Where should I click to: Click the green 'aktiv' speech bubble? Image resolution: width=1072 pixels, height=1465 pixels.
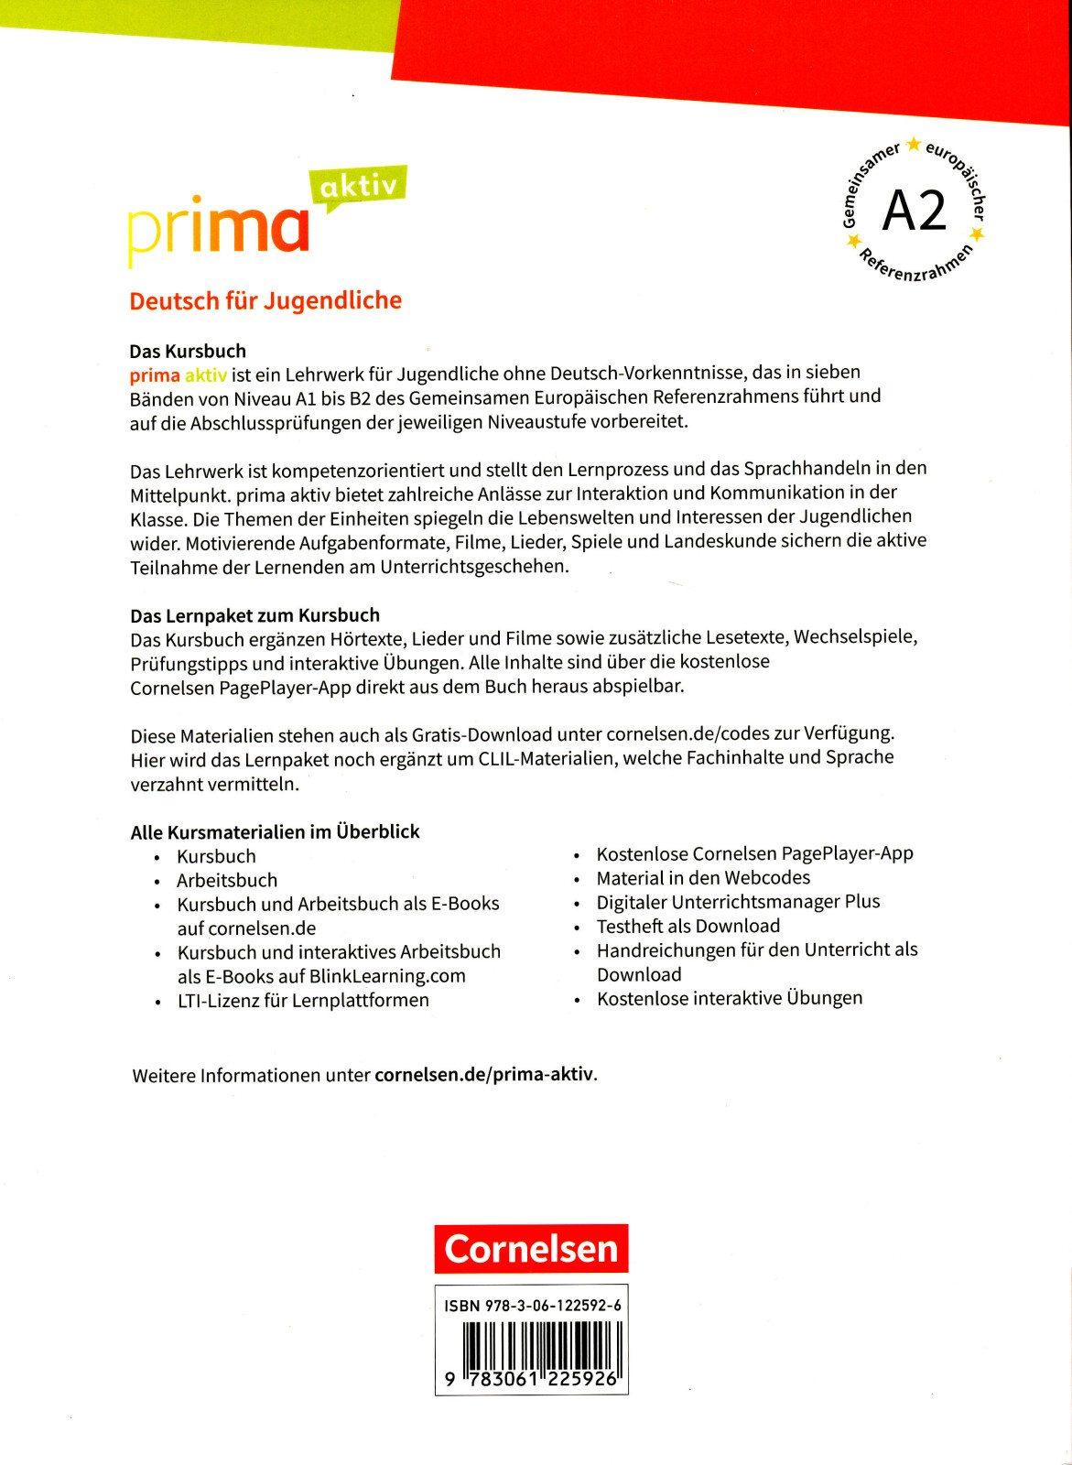pyautogui.click(x=360, y=187)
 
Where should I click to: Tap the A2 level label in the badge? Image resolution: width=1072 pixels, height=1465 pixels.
pyautogui.click(x=914, y=212)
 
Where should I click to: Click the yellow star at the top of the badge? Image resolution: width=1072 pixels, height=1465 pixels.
pyautogui.click(x=913, y=145)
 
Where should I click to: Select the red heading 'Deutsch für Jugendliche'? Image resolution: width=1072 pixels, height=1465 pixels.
pyautogui.click(x=265, y=301)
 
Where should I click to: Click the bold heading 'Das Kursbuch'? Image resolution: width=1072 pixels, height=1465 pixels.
pyautogui.click(x=188, y=351)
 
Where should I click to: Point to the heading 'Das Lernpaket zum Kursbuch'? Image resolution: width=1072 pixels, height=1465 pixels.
pyautogui.click(x=254, y=615)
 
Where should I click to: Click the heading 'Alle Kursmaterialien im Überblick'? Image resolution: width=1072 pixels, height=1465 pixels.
pyautogui.click(x=275, y=831)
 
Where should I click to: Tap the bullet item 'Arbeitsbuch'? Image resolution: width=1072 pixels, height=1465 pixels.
pyautogui.click(x=227, y=880)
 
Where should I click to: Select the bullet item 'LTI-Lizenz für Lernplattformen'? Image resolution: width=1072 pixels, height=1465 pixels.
pyautogui.click(x=303, y=1000)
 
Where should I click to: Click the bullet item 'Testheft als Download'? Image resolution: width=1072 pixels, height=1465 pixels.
pyautogui.click(x=688, y=926)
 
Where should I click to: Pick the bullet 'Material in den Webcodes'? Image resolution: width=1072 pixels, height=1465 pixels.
pyautogui.click(x=703, y=877)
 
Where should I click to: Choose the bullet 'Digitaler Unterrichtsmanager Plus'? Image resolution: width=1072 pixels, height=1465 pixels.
pyautogui.click(x=738, y=902)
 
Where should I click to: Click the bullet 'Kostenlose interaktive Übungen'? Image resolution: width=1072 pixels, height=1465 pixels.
pyautogui.click(x=730, y=998)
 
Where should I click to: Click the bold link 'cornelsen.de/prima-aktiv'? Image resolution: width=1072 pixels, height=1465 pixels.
pyautogui.click(x=484, y=1074)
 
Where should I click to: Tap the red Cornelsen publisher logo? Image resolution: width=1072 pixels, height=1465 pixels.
pyautogui.click(x=531, y=1249)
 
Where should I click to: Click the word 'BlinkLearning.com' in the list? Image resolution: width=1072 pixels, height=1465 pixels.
pyautogui.click(x=387, y=976)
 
